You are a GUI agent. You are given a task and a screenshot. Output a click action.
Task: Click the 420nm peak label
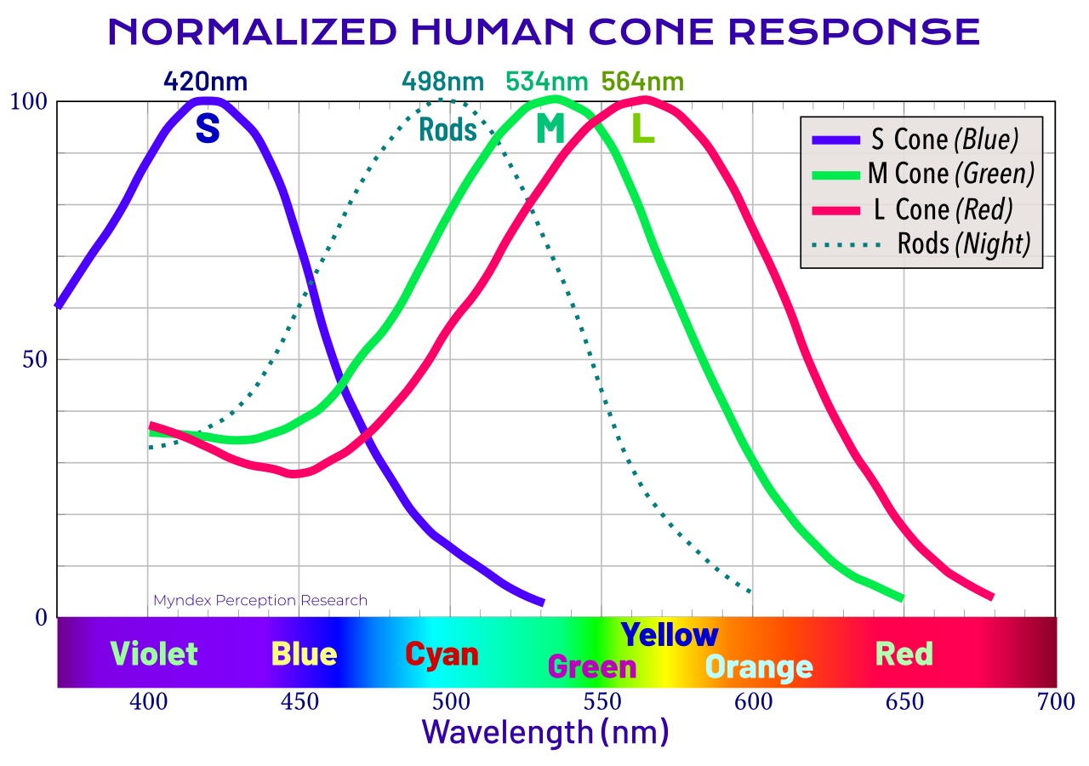click(x=205, y=82)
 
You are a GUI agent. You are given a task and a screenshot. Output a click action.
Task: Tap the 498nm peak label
click(x=442, y=82)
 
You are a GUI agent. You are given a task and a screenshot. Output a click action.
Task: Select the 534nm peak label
click(x=546, y=82)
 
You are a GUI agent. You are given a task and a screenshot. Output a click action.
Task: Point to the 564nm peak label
click(x=641, y=82)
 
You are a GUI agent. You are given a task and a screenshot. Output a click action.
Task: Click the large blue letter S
click(x=208, y=128)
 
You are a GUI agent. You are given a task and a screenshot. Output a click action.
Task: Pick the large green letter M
click(x=550, y=129)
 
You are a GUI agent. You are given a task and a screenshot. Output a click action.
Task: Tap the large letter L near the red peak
click(x=642, y=129)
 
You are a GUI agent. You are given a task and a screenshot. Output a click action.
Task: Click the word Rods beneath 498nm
click(x=448, y=130)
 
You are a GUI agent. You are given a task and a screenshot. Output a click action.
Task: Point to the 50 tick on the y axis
click(x=34, y=359)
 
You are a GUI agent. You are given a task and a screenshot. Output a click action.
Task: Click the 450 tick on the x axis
click(x=299, y=703)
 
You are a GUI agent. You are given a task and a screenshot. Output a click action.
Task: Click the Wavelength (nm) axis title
click(x=544, y=732)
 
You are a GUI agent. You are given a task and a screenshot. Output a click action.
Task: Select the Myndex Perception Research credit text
click(x=260, y=601)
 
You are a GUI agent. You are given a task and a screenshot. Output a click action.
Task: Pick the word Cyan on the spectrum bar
click(x=442, y=655)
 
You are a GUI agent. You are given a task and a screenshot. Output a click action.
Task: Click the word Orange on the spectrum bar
click(x=759, y=667)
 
